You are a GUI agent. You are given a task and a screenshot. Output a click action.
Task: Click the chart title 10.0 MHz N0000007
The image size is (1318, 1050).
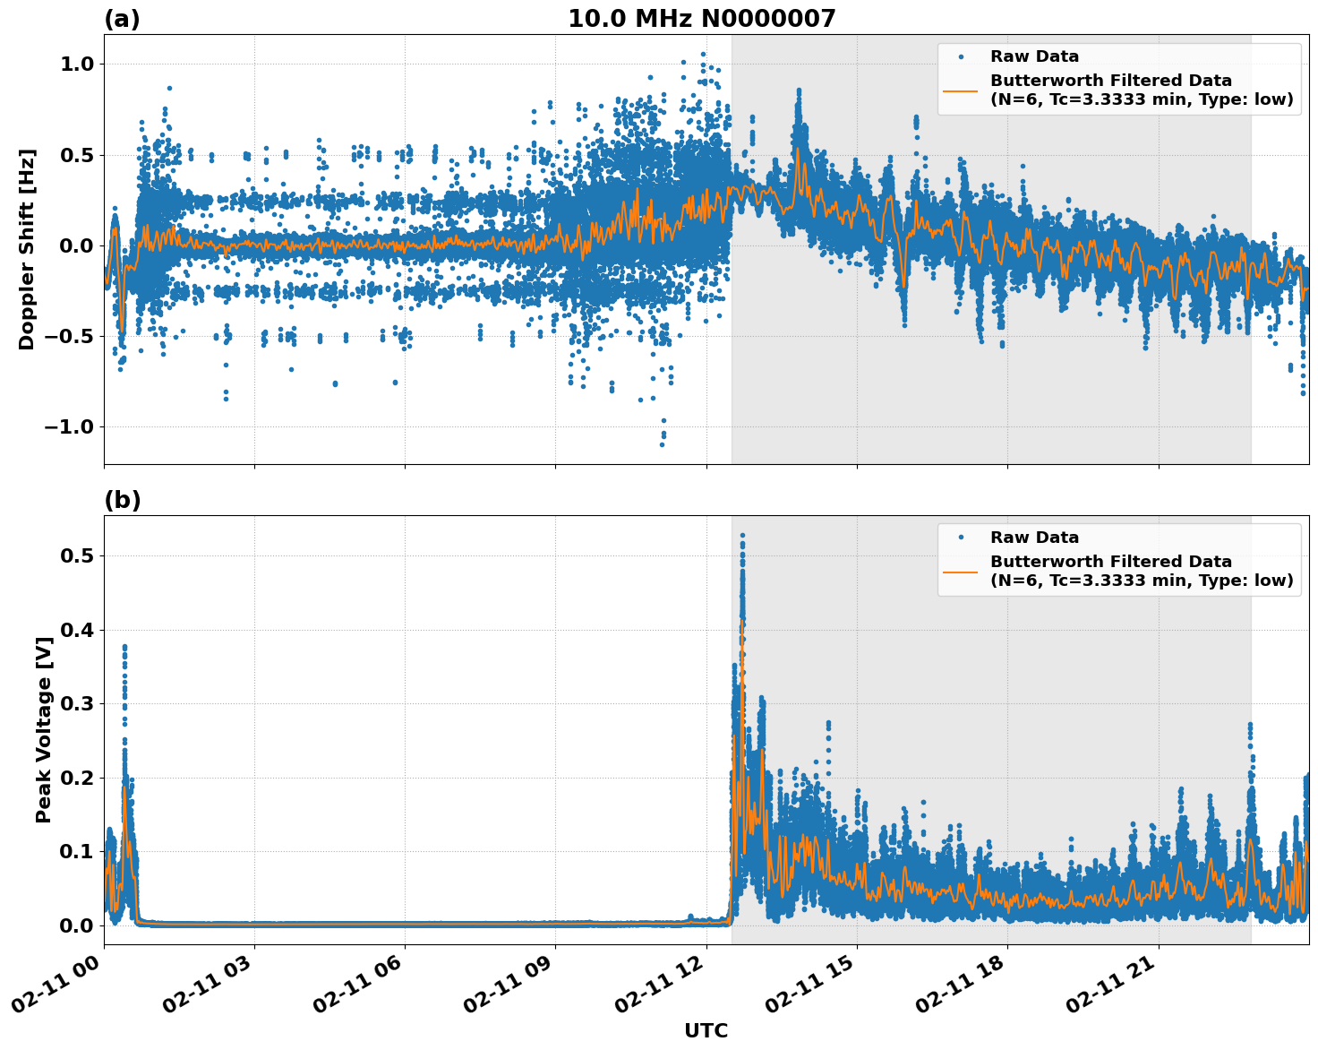[701, 19]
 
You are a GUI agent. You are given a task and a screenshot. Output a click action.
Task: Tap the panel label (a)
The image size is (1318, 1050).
[122, 19]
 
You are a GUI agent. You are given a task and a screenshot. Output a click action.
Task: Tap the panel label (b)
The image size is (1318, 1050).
[122, 500]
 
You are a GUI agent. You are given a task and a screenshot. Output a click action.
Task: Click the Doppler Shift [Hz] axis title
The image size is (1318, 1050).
[27, 249]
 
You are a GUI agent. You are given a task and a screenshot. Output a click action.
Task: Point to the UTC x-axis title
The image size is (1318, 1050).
[706, 1030]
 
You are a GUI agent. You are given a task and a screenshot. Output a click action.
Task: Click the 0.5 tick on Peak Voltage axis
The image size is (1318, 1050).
[77, 555]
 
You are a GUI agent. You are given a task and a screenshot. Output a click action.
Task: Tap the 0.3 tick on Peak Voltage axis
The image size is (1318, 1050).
[77, 703]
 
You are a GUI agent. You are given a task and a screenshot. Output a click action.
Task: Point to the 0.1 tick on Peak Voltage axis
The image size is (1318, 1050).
[77, 851]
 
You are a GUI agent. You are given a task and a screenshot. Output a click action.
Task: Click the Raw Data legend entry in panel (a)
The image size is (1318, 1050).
[1034, 56]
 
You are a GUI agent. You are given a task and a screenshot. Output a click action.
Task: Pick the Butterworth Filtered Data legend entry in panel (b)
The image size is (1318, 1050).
[1141, 571]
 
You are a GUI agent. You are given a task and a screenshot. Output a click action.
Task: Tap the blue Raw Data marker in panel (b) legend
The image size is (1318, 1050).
[961, 538]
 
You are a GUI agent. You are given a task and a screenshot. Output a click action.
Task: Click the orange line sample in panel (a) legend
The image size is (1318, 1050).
[961, 90]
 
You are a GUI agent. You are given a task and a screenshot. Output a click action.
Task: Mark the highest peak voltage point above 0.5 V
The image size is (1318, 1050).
[742, 536]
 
